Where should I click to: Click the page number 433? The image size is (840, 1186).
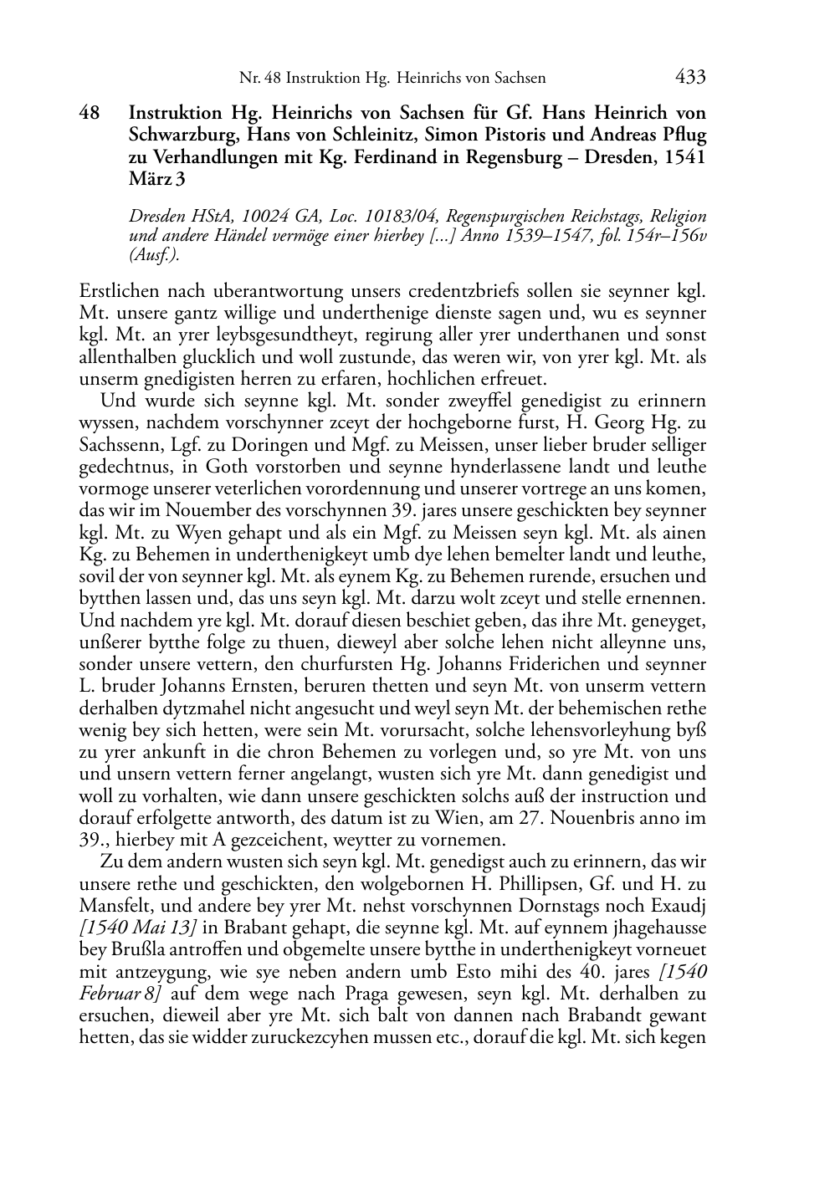click(x=689, y=78)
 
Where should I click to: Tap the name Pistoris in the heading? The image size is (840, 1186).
click(x=480, y=135)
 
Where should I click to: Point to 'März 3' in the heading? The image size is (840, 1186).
click(x=156, y=179)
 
